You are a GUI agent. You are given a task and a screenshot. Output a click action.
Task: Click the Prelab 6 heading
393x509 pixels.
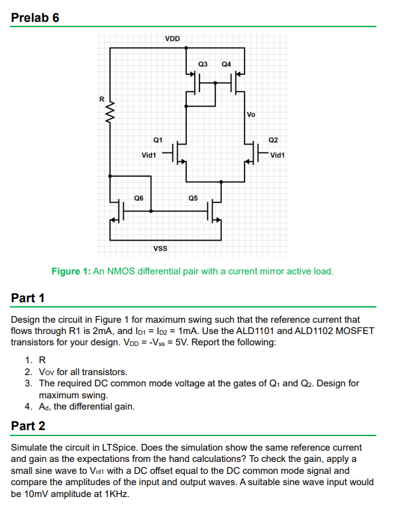(36, 17)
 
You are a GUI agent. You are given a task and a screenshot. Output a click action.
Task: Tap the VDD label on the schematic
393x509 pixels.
(172, 38)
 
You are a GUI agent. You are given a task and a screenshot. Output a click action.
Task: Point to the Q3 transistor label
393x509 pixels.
(203, 64)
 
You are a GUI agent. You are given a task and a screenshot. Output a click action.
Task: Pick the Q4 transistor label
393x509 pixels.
(227, 64)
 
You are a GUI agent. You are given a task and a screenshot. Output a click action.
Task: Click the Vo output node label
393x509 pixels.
(251, 115)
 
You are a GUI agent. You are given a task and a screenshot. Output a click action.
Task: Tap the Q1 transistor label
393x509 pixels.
(158, 140)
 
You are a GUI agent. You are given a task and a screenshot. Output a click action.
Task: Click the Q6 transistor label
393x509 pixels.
(139, 198)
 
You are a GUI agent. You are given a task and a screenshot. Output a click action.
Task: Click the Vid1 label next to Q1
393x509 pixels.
(148, 155)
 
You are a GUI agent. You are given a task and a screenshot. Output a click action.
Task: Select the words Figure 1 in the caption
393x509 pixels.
(71, 271)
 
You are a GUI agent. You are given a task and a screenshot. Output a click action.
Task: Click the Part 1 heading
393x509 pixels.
(28, 298)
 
